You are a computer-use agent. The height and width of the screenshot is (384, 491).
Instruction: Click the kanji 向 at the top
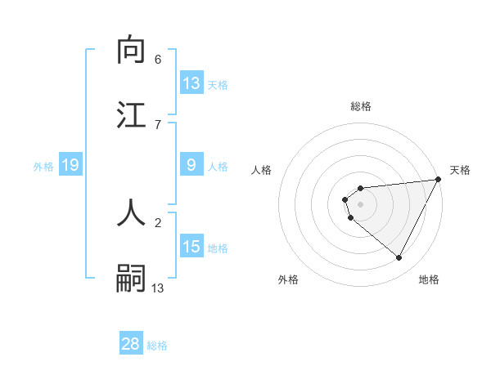coord(132,51)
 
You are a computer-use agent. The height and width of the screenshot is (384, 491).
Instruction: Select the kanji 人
coord(132,212)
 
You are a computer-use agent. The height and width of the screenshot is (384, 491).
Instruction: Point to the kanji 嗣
coord(132,278)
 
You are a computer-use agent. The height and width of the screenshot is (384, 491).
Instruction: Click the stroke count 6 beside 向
coord(158,60)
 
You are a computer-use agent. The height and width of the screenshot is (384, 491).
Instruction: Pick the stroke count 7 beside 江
coord(158,124)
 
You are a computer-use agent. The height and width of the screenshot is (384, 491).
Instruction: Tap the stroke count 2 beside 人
coord(158,221)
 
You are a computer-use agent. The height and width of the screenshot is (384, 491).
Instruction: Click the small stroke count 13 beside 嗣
coord(158,288)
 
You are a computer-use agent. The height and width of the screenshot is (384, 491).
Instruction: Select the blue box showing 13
coord(191,83)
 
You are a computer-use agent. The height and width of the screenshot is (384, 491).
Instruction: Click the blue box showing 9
coord(191,165)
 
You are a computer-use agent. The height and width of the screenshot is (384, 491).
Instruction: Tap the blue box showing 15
coord(191,247)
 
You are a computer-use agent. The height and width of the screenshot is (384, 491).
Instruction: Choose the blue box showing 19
coord(70,165)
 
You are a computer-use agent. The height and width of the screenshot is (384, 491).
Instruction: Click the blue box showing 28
coord(131,344)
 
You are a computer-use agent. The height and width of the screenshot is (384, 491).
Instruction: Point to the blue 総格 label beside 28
coord(157,346)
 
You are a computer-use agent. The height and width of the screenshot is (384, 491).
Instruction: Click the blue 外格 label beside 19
coord(43,167)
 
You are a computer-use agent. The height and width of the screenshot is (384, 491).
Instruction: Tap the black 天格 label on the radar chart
coord(460,170)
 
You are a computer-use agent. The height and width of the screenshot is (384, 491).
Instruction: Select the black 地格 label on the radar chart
coord(429,279)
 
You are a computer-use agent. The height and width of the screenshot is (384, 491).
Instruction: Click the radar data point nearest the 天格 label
coord(439,180)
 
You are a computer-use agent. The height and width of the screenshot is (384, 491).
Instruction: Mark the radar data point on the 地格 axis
coord(399,258)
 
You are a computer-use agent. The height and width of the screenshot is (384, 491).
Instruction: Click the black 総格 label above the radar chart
coord(361,106)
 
